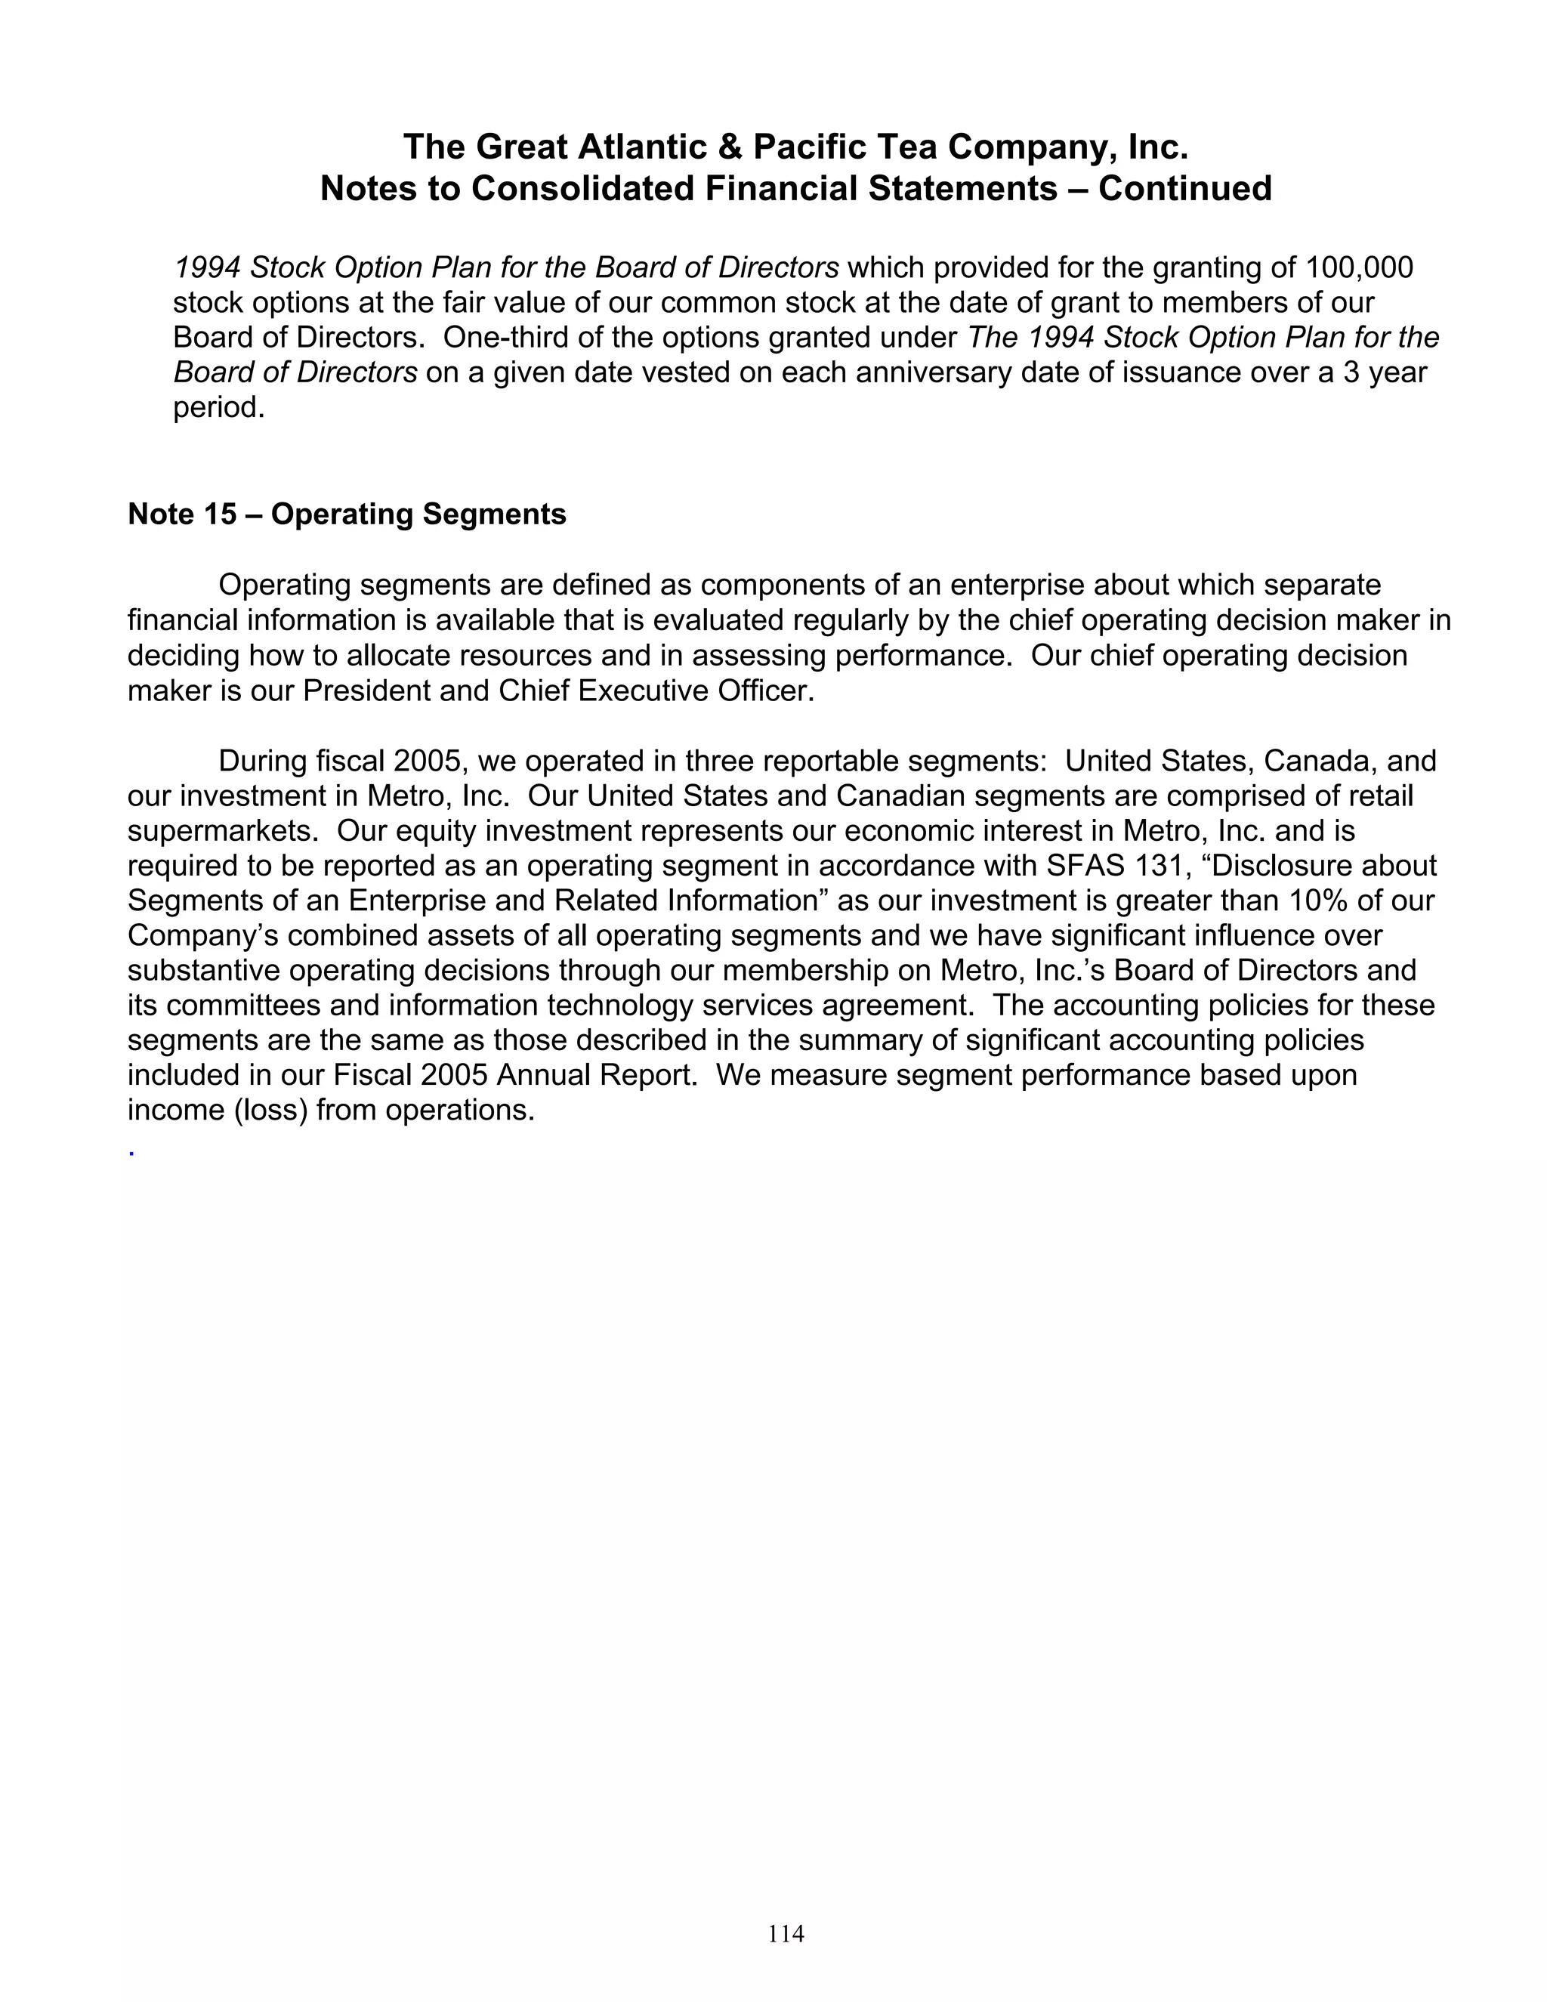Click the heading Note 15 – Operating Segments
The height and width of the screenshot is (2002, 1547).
347,514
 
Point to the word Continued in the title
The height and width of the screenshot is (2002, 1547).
1185,189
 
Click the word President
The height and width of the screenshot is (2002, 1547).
366,691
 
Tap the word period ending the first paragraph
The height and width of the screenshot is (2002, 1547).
218,407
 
